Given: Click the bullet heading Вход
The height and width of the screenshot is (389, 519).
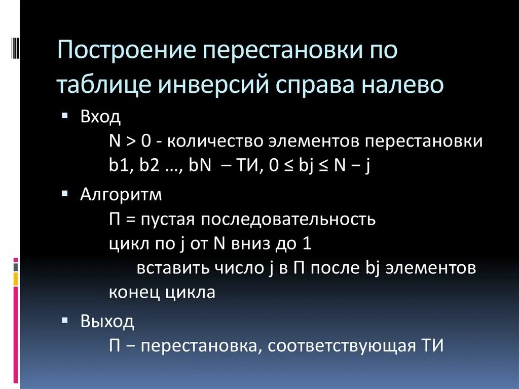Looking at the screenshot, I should tap(100, 118).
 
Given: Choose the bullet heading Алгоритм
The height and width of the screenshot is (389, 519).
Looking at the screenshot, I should tap(121, 195).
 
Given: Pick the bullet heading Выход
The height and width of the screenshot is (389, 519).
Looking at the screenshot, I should tap(107, 322).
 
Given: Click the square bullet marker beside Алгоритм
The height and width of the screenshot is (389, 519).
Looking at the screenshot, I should tap(64, 194).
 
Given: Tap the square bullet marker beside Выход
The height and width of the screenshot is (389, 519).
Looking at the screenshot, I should tap(64, 320).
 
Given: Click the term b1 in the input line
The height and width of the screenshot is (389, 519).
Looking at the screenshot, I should tap(118, 166).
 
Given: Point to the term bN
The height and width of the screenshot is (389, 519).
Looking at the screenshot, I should tap(201, 166).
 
